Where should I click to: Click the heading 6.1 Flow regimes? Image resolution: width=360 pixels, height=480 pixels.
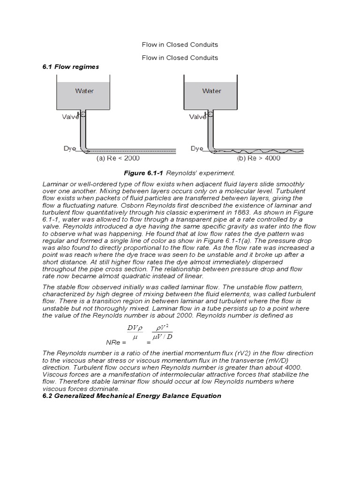point(71,67)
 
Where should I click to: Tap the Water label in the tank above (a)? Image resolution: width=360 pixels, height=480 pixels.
point(84,90)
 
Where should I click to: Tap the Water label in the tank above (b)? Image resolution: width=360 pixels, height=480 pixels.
point(211,90)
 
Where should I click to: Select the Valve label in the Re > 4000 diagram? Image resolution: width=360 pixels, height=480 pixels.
point(197,117)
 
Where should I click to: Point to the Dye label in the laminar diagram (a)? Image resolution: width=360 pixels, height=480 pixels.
point(69,148)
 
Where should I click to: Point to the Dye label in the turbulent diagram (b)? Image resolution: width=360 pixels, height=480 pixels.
point(196,148)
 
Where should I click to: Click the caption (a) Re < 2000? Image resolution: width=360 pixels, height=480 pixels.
point(118,158)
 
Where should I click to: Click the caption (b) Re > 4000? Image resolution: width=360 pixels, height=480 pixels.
point(259,158)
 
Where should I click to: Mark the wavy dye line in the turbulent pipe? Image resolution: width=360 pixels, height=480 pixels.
point(258,151)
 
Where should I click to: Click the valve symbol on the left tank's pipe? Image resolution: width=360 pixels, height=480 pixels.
point(82,113)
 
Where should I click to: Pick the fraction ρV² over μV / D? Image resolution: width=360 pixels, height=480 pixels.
point(163,331)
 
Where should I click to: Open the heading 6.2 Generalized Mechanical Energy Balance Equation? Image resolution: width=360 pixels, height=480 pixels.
point(132,396)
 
